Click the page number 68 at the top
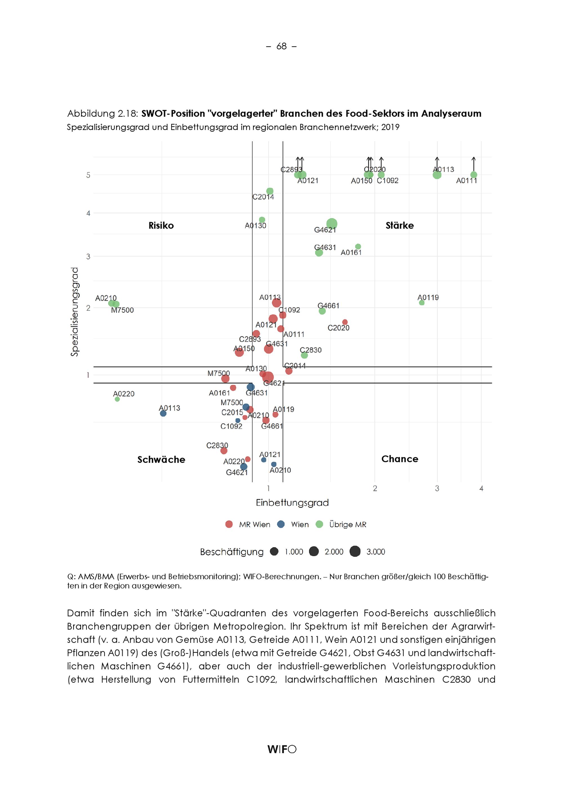pos(281,46)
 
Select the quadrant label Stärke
pos(399,225)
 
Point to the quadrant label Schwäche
pos(161,459)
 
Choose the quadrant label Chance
pos(399,459)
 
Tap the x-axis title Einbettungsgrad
pos(292,502)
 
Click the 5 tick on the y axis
pos(88,175)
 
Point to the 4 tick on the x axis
pos(481,488)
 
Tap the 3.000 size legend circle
pos(355,551)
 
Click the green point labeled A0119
pos(422,303)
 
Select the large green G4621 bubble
pos(332,223)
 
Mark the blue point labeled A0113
pos(163,413)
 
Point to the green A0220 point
pos(117,399)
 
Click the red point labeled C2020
pos(345,322)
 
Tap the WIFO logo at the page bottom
pos(281,749)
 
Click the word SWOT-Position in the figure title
pos(173,113)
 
